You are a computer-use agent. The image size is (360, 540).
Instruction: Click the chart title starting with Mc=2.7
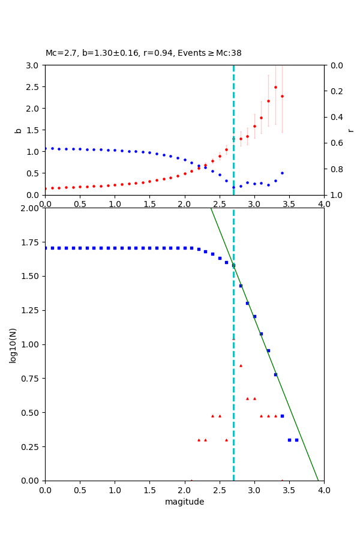pyautogui.click(x=143, y=53)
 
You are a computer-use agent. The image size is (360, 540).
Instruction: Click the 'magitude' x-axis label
pyautogui.click(x=184, y=502)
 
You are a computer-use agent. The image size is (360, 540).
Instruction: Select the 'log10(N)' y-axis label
pyautogui.click(x=13, y=344)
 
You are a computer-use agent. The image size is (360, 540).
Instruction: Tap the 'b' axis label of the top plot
pyautogui.click(x=18, y=130)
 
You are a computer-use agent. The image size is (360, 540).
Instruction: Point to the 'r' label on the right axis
pyautogui.click(x=351, y=130)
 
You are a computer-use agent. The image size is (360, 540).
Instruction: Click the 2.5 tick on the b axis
pyautogui.click(x=34, y=87)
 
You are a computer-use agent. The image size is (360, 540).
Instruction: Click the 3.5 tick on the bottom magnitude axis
pyautogui.click(x=289, y=490)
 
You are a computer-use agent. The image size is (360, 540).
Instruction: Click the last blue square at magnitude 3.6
pyautogui.click(x=296, y=440)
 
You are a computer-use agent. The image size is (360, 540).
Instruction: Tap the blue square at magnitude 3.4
pyautogui.click(x=282, y=416)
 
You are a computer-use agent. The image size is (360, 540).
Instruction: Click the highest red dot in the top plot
pyautogui.click(x=275, y=87)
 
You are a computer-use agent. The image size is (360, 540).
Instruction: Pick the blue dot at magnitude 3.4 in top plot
pyautogui.click(x=282, y=173)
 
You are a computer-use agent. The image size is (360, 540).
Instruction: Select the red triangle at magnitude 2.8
pyautogui.click(x=241, y=365)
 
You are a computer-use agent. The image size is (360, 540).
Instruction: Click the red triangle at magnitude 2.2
pyautogui.click(x=199, y=440)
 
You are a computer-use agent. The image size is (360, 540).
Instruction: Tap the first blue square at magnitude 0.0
pyautogui.click(x=45, y=248)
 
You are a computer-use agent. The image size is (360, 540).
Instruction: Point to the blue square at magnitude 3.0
pyautogui.click(x=254, y=316)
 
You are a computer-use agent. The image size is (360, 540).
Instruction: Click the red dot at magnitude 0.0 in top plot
pyautogui.click(x=45, y=188)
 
